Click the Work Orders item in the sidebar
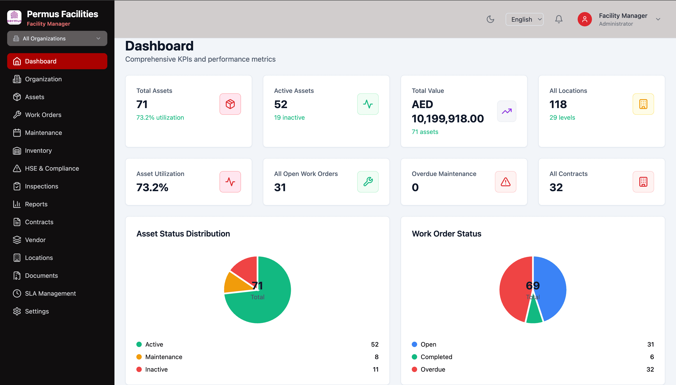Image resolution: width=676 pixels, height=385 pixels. (43, 115)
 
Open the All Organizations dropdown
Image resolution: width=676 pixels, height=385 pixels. (57, 39)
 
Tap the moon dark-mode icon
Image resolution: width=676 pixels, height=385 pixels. (490, 19)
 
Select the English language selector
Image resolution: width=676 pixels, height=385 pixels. (524, 19)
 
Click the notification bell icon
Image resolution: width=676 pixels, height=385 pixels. (558, 19)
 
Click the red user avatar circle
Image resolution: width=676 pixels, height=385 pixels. (584, 19)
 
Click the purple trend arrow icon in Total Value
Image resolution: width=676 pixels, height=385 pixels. (506, 111)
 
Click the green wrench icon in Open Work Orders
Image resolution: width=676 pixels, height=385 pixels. (368, 182)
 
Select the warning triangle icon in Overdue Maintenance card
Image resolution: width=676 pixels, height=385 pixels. (505, 182)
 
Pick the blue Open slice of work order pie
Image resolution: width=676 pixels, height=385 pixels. (551, 286)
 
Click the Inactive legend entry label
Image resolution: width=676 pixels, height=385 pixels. (156, 369)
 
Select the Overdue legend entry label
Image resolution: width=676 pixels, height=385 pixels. (433, 369)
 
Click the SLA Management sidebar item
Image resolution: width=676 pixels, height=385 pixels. (50, 293)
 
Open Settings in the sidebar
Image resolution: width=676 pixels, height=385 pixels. (37, 311)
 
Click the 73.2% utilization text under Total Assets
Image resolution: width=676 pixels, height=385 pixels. (160, 118)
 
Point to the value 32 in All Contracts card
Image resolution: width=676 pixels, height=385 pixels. (556, 188)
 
